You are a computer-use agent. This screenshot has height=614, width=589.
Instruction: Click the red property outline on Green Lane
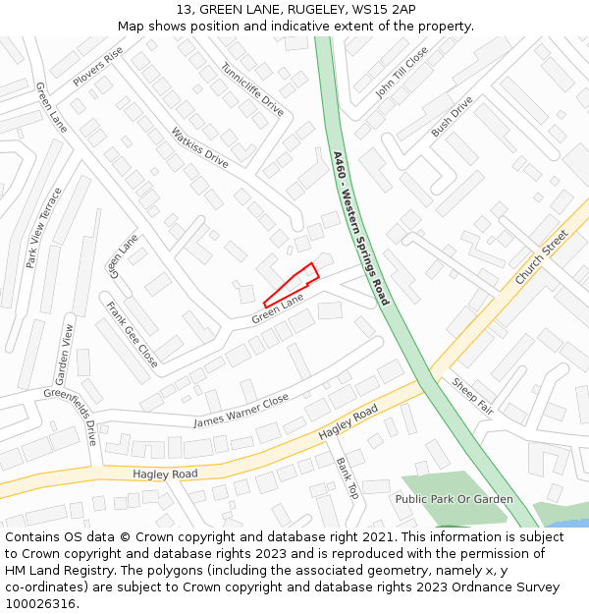293,284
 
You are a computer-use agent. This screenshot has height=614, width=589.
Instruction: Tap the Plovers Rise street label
97,66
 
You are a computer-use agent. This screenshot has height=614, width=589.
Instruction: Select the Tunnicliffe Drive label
252,89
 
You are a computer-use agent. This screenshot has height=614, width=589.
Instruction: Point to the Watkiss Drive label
199,146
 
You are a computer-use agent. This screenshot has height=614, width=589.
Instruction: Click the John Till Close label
402,73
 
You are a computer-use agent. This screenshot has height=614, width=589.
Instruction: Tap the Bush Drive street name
452,116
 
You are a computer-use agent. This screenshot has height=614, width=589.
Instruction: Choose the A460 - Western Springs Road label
360,228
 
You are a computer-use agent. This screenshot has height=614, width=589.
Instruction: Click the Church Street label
542,257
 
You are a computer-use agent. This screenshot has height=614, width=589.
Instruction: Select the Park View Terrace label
44,228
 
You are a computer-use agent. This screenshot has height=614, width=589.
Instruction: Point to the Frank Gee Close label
132,334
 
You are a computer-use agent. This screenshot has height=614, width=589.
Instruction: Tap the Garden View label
64,354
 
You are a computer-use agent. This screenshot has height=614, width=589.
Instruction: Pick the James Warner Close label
241,411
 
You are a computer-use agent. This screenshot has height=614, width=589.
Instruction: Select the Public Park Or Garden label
454,499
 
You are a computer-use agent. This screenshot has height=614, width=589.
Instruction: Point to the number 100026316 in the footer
39,603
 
